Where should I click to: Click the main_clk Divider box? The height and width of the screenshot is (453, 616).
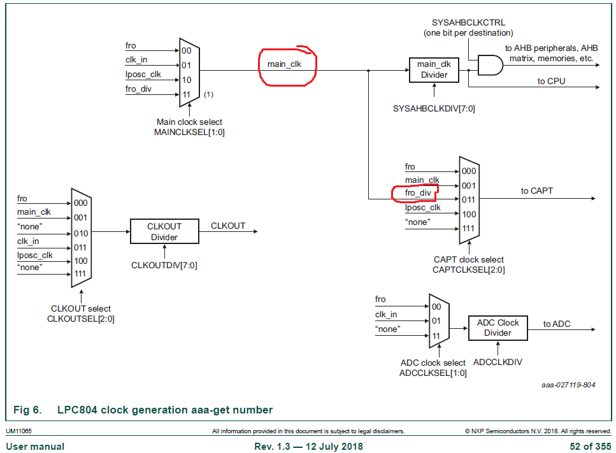point(433,69)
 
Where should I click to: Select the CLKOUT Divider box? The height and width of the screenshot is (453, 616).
point(164,232)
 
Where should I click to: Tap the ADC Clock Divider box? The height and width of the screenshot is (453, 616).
point(498,327)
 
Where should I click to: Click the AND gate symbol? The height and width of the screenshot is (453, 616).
point(490,64)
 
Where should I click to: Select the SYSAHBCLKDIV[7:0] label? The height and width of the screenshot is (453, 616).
point(434,108)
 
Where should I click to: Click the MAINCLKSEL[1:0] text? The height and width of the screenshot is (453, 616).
point(190,133)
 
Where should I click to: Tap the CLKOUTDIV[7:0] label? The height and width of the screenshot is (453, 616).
point(164,265)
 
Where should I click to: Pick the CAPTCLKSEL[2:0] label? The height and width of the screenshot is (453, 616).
point(468,270)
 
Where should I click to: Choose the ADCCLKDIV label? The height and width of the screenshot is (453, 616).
point(498,362)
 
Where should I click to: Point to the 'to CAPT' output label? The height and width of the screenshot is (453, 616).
point(537,191)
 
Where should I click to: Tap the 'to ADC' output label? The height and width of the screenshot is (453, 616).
point(557,324)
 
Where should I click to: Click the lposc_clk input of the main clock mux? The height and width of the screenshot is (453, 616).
point(143,75)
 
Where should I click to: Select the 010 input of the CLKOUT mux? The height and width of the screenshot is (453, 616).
point(81,233)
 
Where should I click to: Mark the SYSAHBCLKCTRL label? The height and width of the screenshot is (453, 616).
point(468,23)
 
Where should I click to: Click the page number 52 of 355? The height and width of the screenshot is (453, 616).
point(590,446)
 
